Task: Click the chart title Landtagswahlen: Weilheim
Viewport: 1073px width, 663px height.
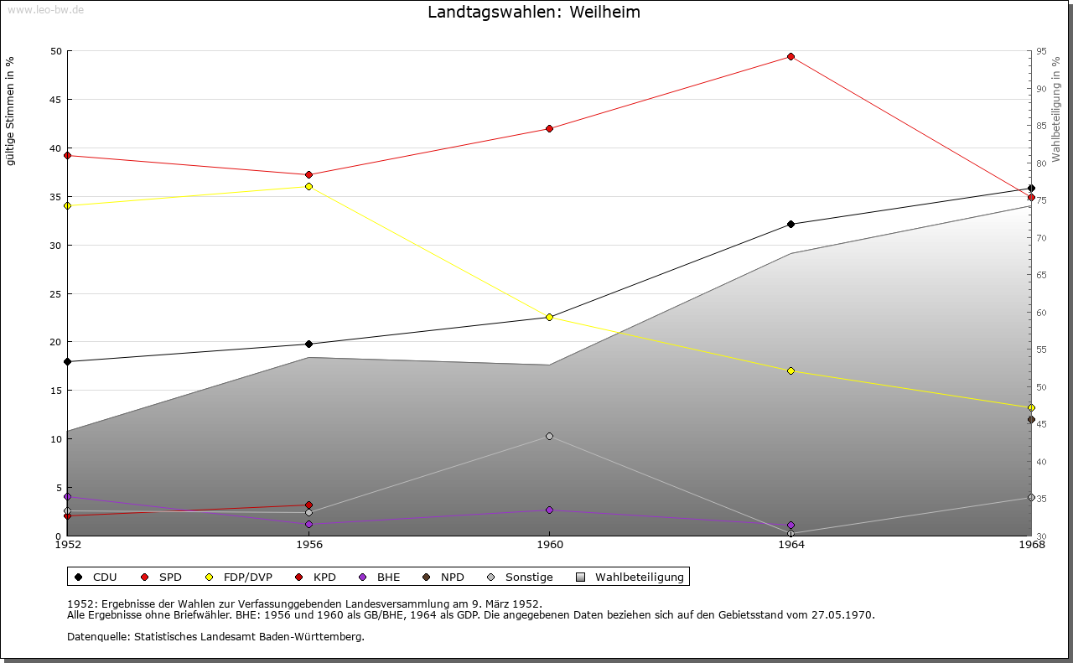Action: (533, 13)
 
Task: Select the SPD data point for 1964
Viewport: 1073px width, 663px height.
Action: (790, 57)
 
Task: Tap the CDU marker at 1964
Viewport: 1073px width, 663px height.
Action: (790, 225)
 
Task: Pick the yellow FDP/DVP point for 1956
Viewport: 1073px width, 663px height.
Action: (308, 186)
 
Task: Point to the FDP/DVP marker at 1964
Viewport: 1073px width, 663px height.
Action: (790, 370)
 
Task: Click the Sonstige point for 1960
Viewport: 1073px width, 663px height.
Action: (549, 436)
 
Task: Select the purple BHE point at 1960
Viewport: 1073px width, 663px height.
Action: (549, 510)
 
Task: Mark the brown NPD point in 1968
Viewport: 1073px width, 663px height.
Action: (1031, 420)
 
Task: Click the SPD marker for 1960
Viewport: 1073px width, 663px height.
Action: (549, 128)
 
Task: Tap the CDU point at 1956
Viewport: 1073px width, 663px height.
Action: (308, 344)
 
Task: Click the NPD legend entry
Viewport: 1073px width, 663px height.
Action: (452, 577)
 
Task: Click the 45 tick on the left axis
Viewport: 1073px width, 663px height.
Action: (55, 100)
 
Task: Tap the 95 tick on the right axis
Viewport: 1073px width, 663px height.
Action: (1040, 51)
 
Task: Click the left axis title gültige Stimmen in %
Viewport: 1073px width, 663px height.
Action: (10, 111)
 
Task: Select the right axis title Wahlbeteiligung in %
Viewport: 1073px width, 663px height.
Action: (1056, 109)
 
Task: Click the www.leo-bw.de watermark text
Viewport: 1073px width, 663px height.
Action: (44, 8)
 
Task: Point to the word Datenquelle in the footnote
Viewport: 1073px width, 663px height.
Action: (96, 636)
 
